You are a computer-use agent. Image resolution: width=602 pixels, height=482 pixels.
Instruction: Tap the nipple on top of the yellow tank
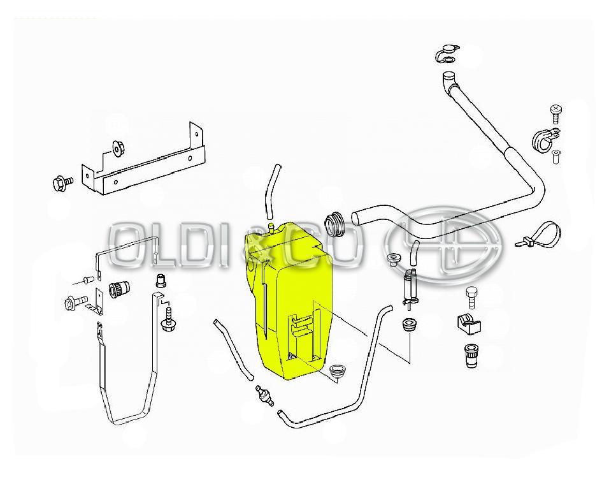(271, 228)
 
